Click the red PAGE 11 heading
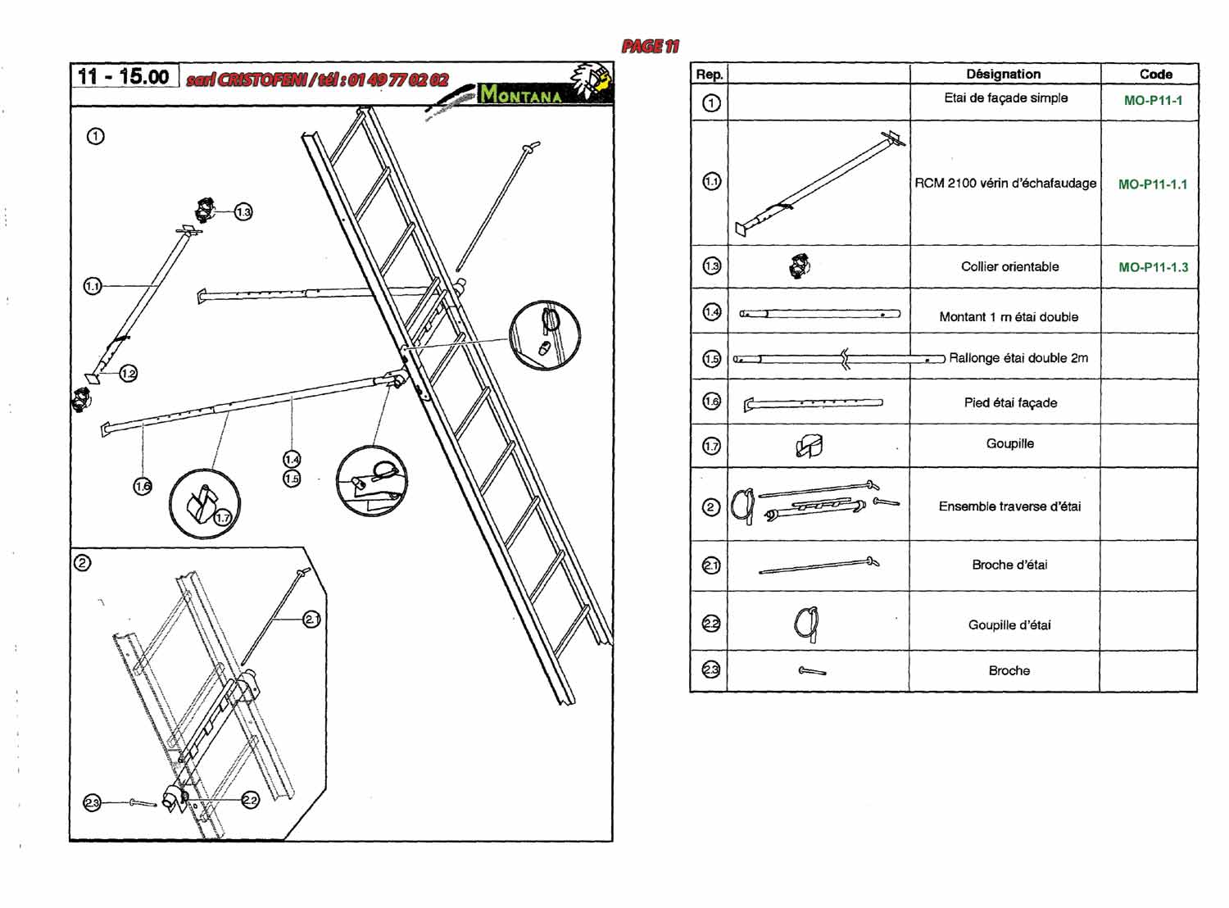[x=651, y=47]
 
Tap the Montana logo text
[x=521, y=95]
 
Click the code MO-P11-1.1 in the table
[x=1152, y=184]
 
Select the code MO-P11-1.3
[x=1153, y=267]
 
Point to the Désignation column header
[x=1003, y=74]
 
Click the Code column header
[x=1155, y=74]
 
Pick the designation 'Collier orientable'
[x=1009, y=266]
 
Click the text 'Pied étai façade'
[x=1010, y=402]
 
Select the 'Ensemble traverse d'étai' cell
[x=1009, y=506]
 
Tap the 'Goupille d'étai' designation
[x=1009, y=624]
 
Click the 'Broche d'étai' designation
[x=1009, y=565]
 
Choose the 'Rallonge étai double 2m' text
[x=1018, y=358]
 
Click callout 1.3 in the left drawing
[x=243, y=212]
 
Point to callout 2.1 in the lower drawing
[x=312, y=620]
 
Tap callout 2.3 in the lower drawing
[x=92, y=803]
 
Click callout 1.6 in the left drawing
[x=143, y=486]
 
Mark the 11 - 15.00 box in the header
[x=124, y=76]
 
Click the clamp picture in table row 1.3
[x=800, y=266]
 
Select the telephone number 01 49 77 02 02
[x=398, y=79]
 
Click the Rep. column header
[x=710, y=74]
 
